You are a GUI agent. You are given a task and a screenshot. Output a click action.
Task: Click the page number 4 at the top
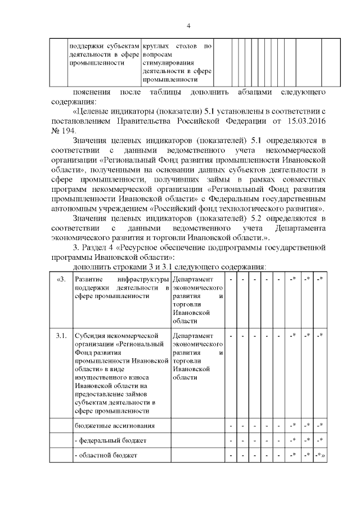click(188, 26)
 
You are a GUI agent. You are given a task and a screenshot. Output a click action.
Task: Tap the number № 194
click(63, 130)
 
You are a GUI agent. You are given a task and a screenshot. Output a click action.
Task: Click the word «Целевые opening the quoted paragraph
click(95, 111)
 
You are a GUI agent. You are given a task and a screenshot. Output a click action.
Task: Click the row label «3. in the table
click(61, 280)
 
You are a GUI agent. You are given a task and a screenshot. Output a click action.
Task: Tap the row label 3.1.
click(61, 336)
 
